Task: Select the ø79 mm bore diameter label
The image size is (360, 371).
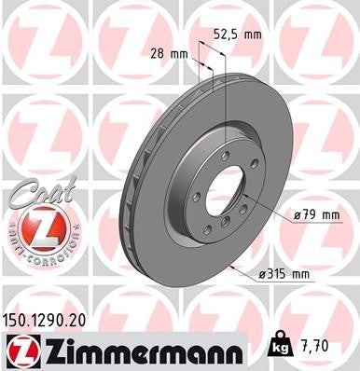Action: (314, 216)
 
